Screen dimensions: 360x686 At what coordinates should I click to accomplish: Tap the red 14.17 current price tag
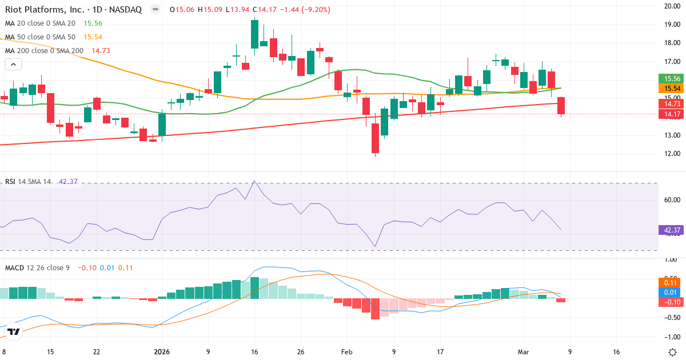click(x=668, y=114)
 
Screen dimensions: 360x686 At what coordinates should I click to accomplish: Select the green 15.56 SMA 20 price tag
click(x=668, y=78)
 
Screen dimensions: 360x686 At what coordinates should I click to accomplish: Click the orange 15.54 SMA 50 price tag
click(x=668, y=89)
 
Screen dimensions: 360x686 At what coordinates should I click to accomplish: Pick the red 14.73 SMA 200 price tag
click(x=668, y=104)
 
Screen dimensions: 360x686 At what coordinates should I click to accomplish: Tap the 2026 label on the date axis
click(x=161, y=351)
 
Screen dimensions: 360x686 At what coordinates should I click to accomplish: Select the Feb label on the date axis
click(x=347, y=351)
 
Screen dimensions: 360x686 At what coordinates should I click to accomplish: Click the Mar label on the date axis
click(x=523, y=351)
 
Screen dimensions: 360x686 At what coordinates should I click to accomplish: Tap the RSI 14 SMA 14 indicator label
click(x=28, y=182)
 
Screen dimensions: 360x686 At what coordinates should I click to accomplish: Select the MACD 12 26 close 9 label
click(x=37, y=267)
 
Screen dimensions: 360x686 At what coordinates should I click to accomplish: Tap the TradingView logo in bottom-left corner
click(x=14, y=331)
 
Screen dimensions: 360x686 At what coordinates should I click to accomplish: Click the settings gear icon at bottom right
click(x=672, y=351)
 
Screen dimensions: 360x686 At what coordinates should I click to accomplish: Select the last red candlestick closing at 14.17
click(x=561, y=106)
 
